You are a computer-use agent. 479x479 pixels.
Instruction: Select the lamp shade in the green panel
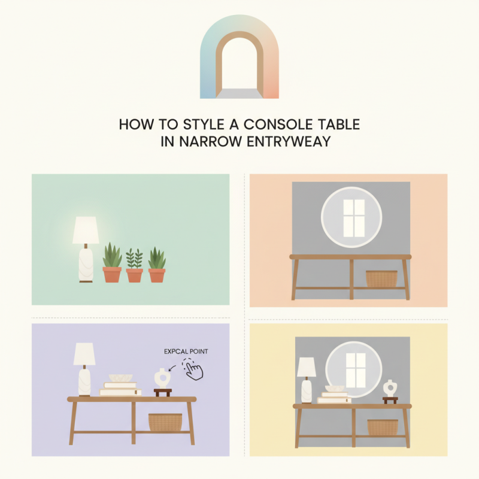pyautogui.click(x=86, y=231)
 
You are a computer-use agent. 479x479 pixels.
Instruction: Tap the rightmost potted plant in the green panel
pyautogui.click(x=157, y=265)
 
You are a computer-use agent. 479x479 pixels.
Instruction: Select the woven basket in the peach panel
pyautogui.click(x=381, y=279)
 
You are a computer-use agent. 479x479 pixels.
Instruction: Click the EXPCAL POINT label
pyautogui.click(x=186, y=351)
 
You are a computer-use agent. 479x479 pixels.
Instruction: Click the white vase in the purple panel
pyautogui.click(x=161, y=378)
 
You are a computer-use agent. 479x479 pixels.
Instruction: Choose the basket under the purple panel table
pyautogui.click(x=165, y=422)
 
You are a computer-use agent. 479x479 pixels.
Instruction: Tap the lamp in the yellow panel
pyautogui.click(x=307, y=379)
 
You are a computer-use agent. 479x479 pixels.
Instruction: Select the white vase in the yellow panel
pyautogui.click(x=390, y=388)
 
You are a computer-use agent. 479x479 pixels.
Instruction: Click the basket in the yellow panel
pyautogui.click(x=382, y=427)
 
